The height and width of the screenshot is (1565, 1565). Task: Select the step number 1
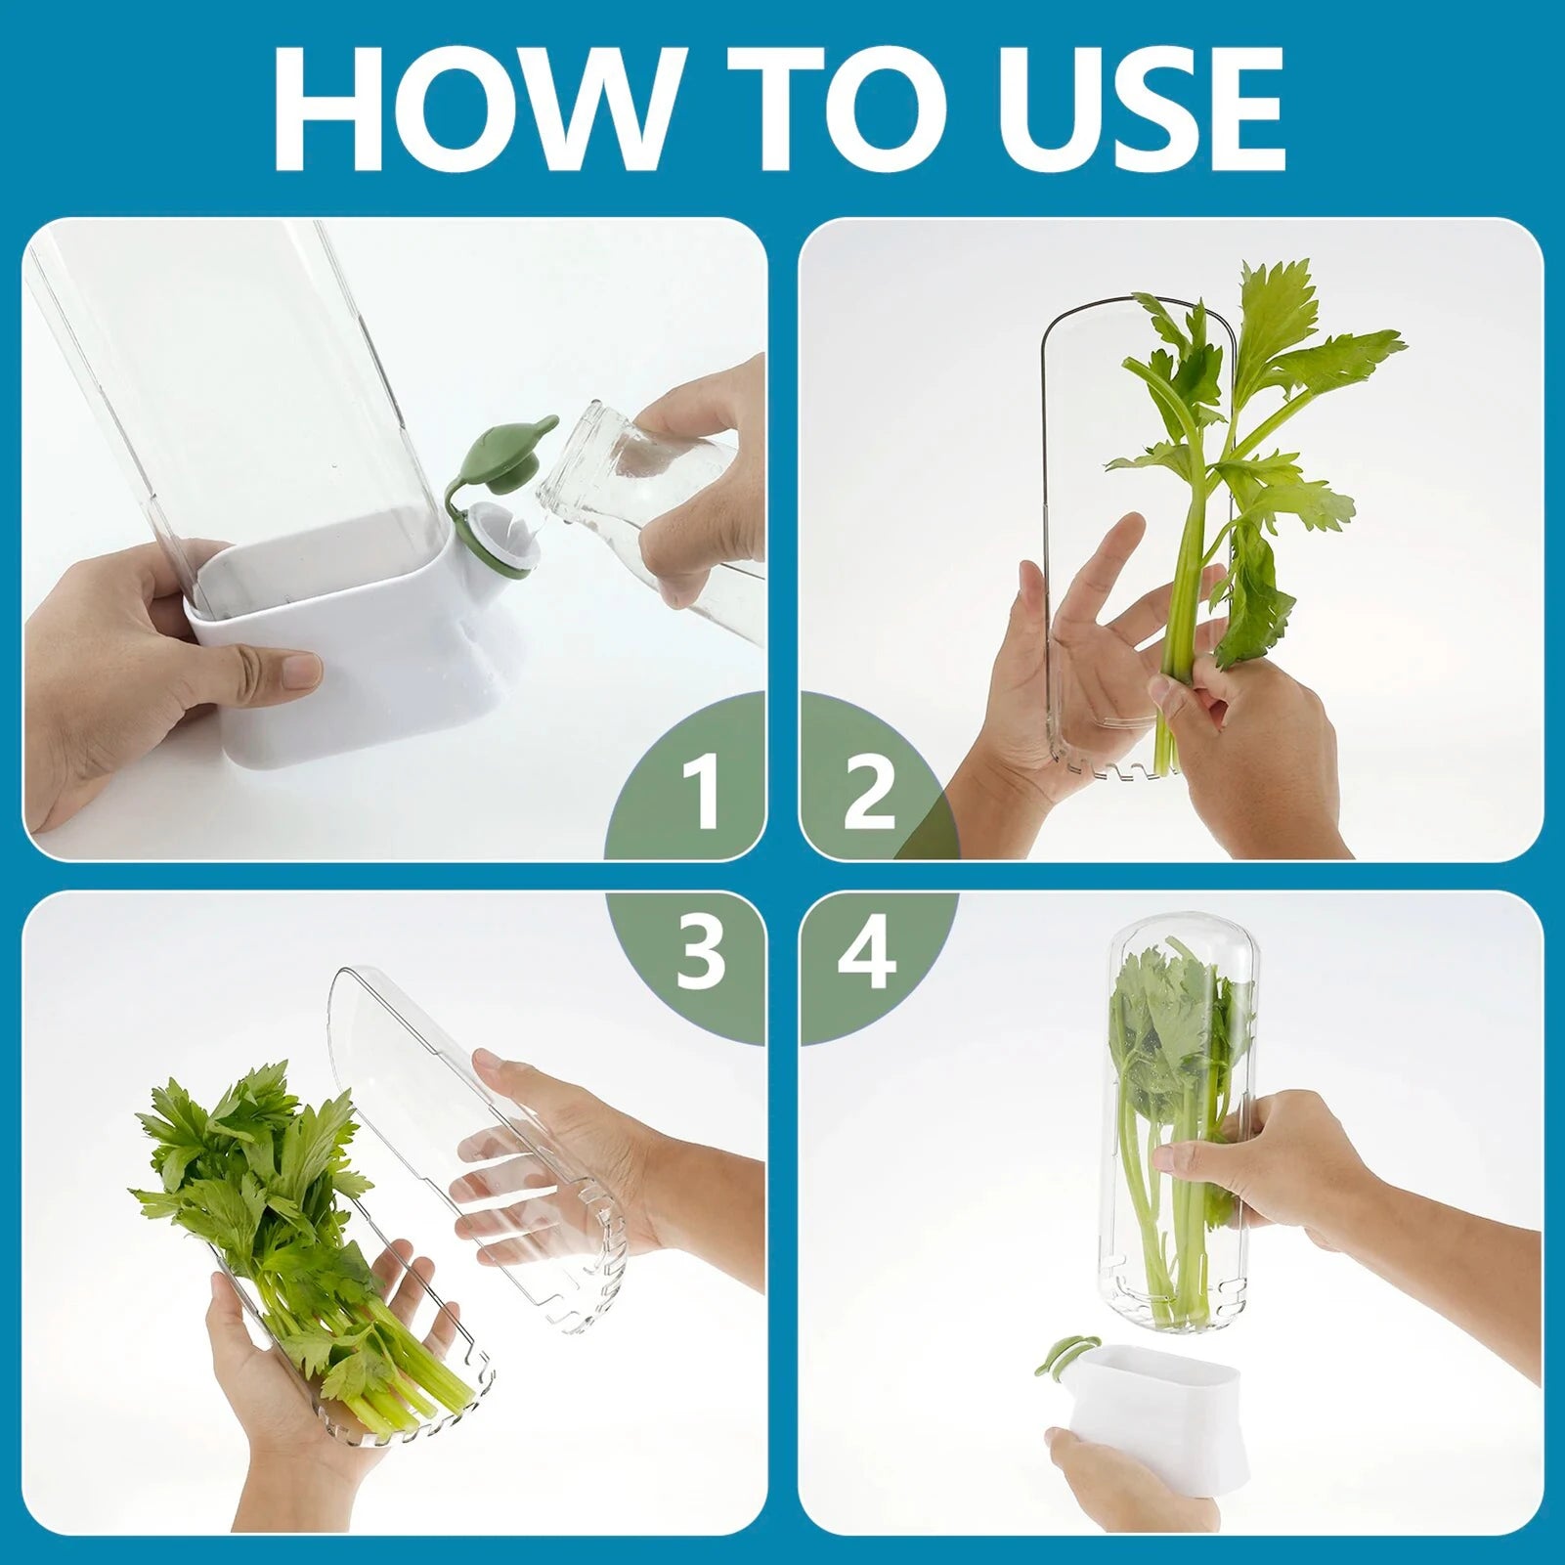click(x=700, y=793)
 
